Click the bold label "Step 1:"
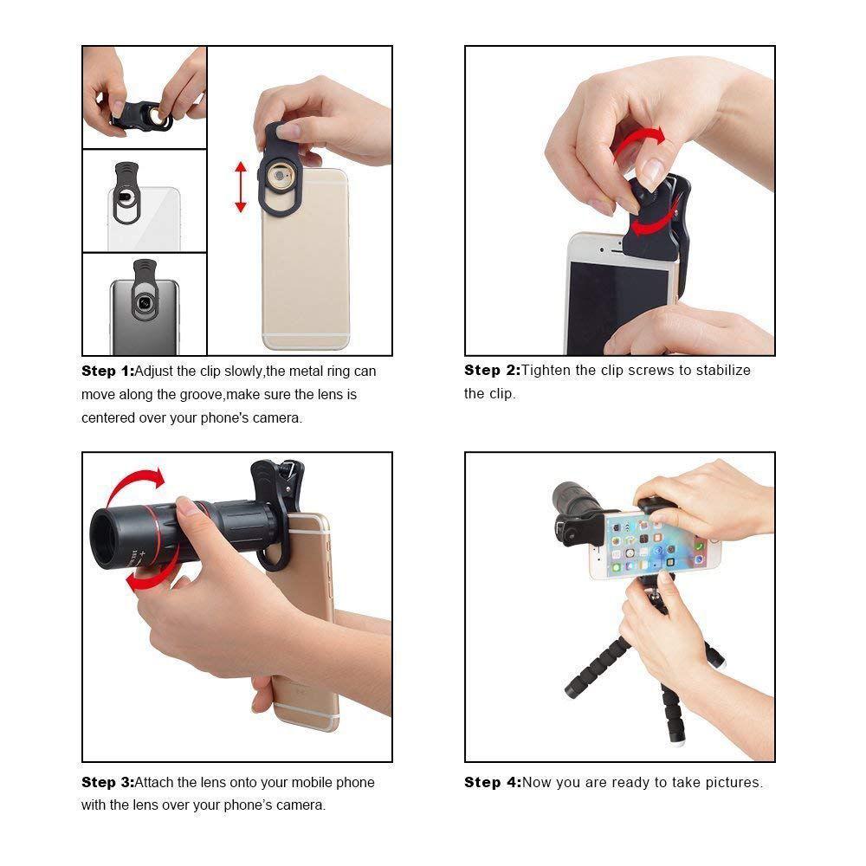(x=108, y=371)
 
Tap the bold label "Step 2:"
(x=492, y=370)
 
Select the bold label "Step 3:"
(x=108, y=782)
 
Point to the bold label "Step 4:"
(x=492, y=782)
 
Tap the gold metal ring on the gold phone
(x=279, y=178)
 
